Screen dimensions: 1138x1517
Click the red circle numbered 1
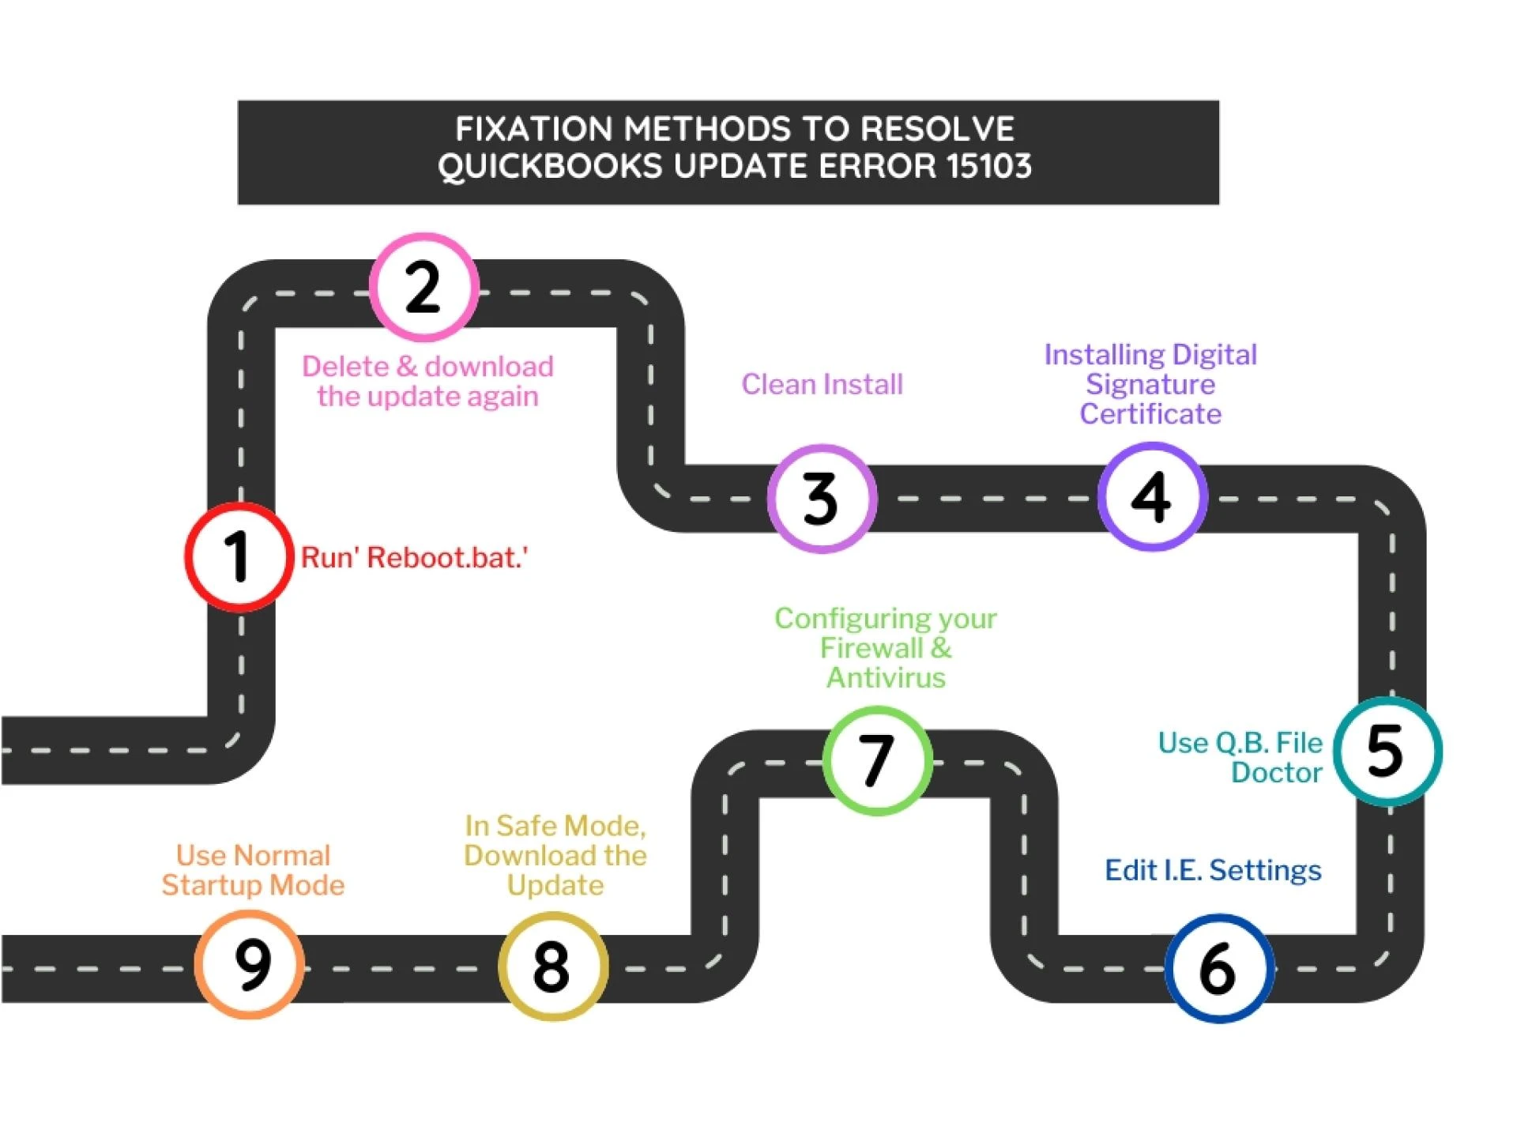pos(239,557)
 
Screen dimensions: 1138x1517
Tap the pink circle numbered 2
pos(424,287)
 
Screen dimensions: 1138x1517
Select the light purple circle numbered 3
pos(822,499)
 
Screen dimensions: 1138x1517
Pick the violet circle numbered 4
pos(1152,496)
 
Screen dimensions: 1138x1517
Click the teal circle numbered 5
pos(1387,751)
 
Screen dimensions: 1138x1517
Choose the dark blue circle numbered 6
pos(1219,968)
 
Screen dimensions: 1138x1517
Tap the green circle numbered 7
pos(877,760)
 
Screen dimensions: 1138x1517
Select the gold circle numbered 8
pos(552,966)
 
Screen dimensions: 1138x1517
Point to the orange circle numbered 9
pos(250,964)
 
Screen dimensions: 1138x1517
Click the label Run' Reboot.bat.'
pos(414,558)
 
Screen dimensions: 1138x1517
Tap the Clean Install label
pos(822,385)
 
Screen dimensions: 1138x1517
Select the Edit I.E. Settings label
pos(1213,870)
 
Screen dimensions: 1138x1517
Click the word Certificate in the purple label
pos(1150,414)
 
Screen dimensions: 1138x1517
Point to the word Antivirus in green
pos(886,678)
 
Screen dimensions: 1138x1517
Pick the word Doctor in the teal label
pos(1276,773)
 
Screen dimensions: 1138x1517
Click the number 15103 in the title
pos(989,167)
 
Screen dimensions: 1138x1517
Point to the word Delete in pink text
pos(345,367)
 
